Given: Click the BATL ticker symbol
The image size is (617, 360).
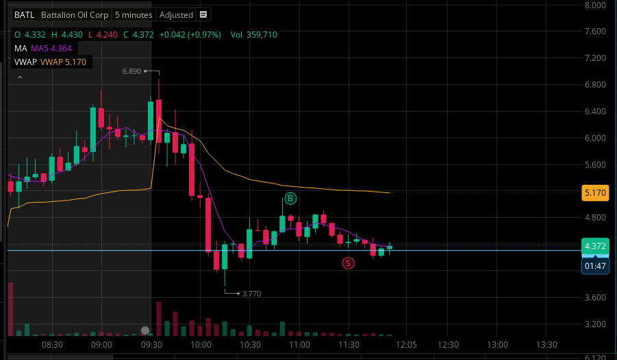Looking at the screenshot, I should (25, 14).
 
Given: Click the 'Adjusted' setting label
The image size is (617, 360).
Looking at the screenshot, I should (176, 14).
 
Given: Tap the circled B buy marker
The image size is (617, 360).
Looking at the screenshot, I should (290, 198).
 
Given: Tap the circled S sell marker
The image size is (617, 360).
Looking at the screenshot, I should (349, 263).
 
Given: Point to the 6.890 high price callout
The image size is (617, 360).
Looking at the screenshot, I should (131, 71).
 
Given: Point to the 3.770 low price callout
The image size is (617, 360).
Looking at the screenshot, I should (251, 294).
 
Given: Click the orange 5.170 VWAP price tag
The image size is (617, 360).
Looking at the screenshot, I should (594, 193).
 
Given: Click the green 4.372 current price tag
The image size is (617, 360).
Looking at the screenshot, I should (594, 246).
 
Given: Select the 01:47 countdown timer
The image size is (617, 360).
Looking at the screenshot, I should (594, 266).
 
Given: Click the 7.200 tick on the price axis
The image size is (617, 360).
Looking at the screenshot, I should (593, 58).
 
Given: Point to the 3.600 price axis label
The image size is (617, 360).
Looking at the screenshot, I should (593, 298).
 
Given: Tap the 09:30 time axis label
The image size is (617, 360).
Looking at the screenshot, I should (151, 344).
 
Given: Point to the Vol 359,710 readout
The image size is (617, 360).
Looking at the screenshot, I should (253, 34).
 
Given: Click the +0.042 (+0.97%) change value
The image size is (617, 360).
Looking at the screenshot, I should (190, 34).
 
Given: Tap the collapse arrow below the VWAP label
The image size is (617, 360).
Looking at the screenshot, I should (19, 77).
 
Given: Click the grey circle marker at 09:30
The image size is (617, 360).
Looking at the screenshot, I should (145, 331).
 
